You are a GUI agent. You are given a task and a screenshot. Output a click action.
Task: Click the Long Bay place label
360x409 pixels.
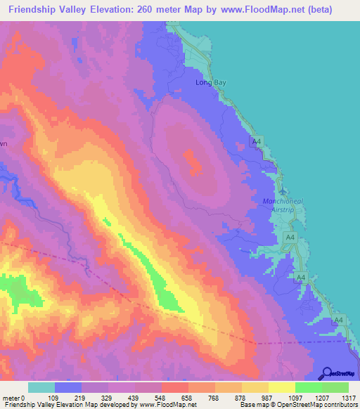(x=208, y=82)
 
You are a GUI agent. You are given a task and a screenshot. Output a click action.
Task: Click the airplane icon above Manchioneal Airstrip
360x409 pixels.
(x=283, y=191)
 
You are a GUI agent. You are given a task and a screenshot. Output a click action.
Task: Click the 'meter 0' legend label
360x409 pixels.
(x=13, y=398)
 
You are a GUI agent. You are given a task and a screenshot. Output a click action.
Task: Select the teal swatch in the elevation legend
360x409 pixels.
(x=41, y=387)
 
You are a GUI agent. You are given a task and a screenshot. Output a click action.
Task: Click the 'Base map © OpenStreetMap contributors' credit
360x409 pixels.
(x=300, y=405)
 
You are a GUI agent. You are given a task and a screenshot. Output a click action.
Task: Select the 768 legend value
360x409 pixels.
(x=214, y=398)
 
